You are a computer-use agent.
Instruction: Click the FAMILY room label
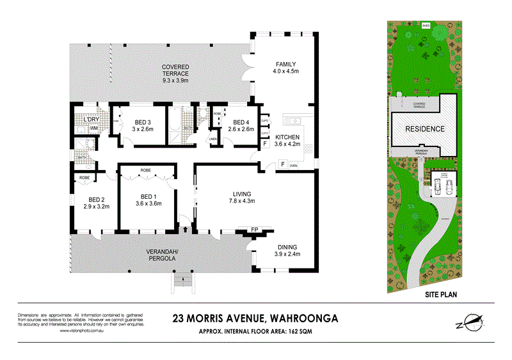coord(285,64)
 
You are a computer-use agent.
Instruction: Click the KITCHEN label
coord(287,137)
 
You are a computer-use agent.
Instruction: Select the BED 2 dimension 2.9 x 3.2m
coord(97,207)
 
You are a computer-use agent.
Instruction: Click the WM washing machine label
coord(93,129)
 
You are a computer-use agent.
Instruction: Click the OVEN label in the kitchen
coord(293,166)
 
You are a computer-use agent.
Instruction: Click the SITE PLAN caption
coord(442,295)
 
